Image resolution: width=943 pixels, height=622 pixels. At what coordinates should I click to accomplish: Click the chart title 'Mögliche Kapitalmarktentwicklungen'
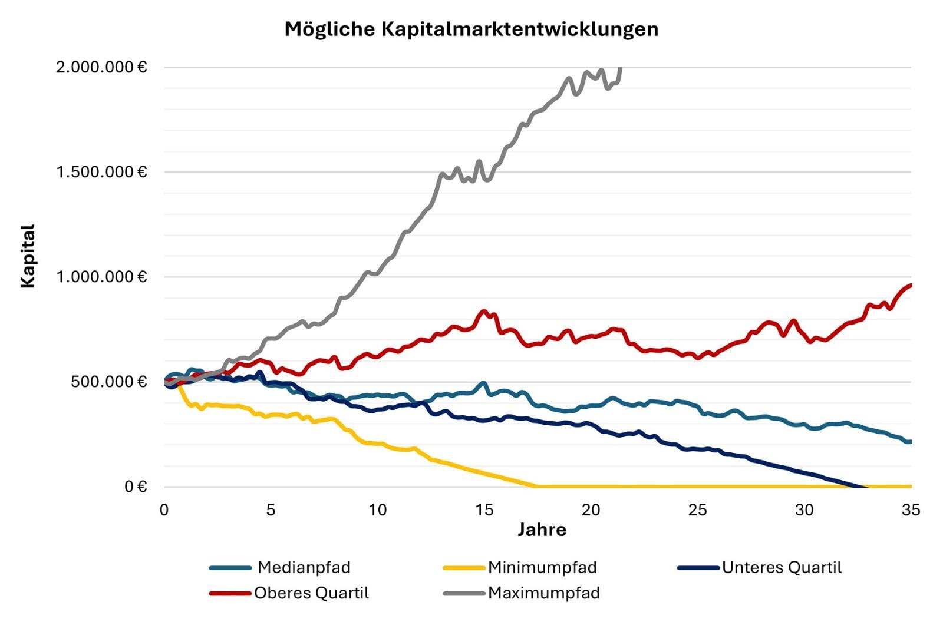point(471,29)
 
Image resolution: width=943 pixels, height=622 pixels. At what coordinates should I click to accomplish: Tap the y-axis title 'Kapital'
point(28,256)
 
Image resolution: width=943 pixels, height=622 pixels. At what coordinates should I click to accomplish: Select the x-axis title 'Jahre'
point(542,530)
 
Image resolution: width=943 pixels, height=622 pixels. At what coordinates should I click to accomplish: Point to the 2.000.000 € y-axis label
point(101,67)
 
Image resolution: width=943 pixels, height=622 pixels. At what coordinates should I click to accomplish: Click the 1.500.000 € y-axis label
point(101,172)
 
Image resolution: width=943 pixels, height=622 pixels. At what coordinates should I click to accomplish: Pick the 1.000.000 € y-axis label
point(101,277)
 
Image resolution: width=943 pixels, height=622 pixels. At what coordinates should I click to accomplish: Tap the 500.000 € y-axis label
point(108,382)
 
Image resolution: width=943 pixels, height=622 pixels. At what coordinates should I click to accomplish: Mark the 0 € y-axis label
point(135,487)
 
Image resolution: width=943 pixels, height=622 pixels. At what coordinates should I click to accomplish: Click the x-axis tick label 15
point(484,510)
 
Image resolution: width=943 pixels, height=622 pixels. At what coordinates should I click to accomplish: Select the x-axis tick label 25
point(697,510)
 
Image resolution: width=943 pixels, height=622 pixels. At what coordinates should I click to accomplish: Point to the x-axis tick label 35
point(911,510)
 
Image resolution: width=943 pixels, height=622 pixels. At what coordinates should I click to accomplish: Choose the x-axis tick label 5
point(271,510)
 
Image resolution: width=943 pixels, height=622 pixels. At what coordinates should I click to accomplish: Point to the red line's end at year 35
point(911,285)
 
